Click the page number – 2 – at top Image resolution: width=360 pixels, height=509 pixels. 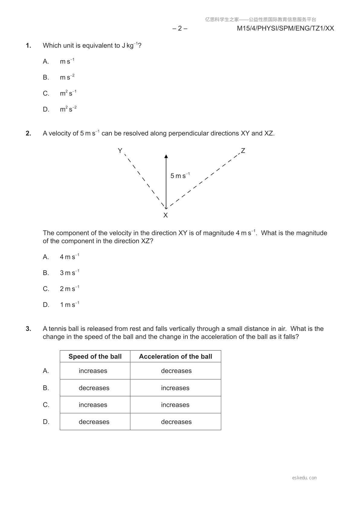coord(180,28)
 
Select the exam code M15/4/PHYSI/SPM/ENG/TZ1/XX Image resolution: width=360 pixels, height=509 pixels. coord(285,28)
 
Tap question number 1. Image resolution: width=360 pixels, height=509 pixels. coord(28,46)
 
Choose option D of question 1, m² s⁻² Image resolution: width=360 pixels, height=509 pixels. coord(68,109)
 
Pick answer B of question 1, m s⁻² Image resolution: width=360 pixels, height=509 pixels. coord(67,77)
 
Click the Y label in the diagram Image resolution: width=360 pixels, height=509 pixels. coord(120,151)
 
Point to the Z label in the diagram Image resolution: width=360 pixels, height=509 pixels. coord(243,151)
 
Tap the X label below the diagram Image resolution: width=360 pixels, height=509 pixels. coord(166,215)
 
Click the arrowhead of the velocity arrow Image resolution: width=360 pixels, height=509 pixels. coord(166,156)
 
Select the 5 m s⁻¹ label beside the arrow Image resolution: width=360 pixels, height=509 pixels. coord(180,176)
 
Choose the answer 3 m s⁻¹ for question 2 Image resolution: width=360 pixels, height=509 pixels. coord(69,273)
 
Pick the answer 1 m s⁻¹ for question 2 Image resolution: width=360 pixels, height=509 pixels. coord(69,305)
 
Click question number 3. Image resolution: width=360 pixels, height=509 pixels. coord(28,329)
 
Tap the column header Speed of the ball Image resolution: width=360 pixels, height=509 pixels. coord(95,356)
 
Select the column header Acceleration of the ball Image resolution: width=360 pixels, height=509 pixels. coord(176,356)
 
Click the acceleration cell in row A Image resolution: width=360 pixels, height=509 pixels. coord(176,371)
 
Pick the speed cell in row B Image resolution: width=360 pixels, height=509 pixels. coord(94,388)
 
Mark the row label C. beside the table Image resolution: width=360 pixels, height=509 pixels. coord(46,405)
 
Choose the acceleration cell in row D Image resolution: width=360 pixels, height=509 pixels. coord(176,422)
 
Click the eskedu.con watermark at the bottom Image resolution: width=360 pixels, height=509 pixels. coord(304,478)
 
